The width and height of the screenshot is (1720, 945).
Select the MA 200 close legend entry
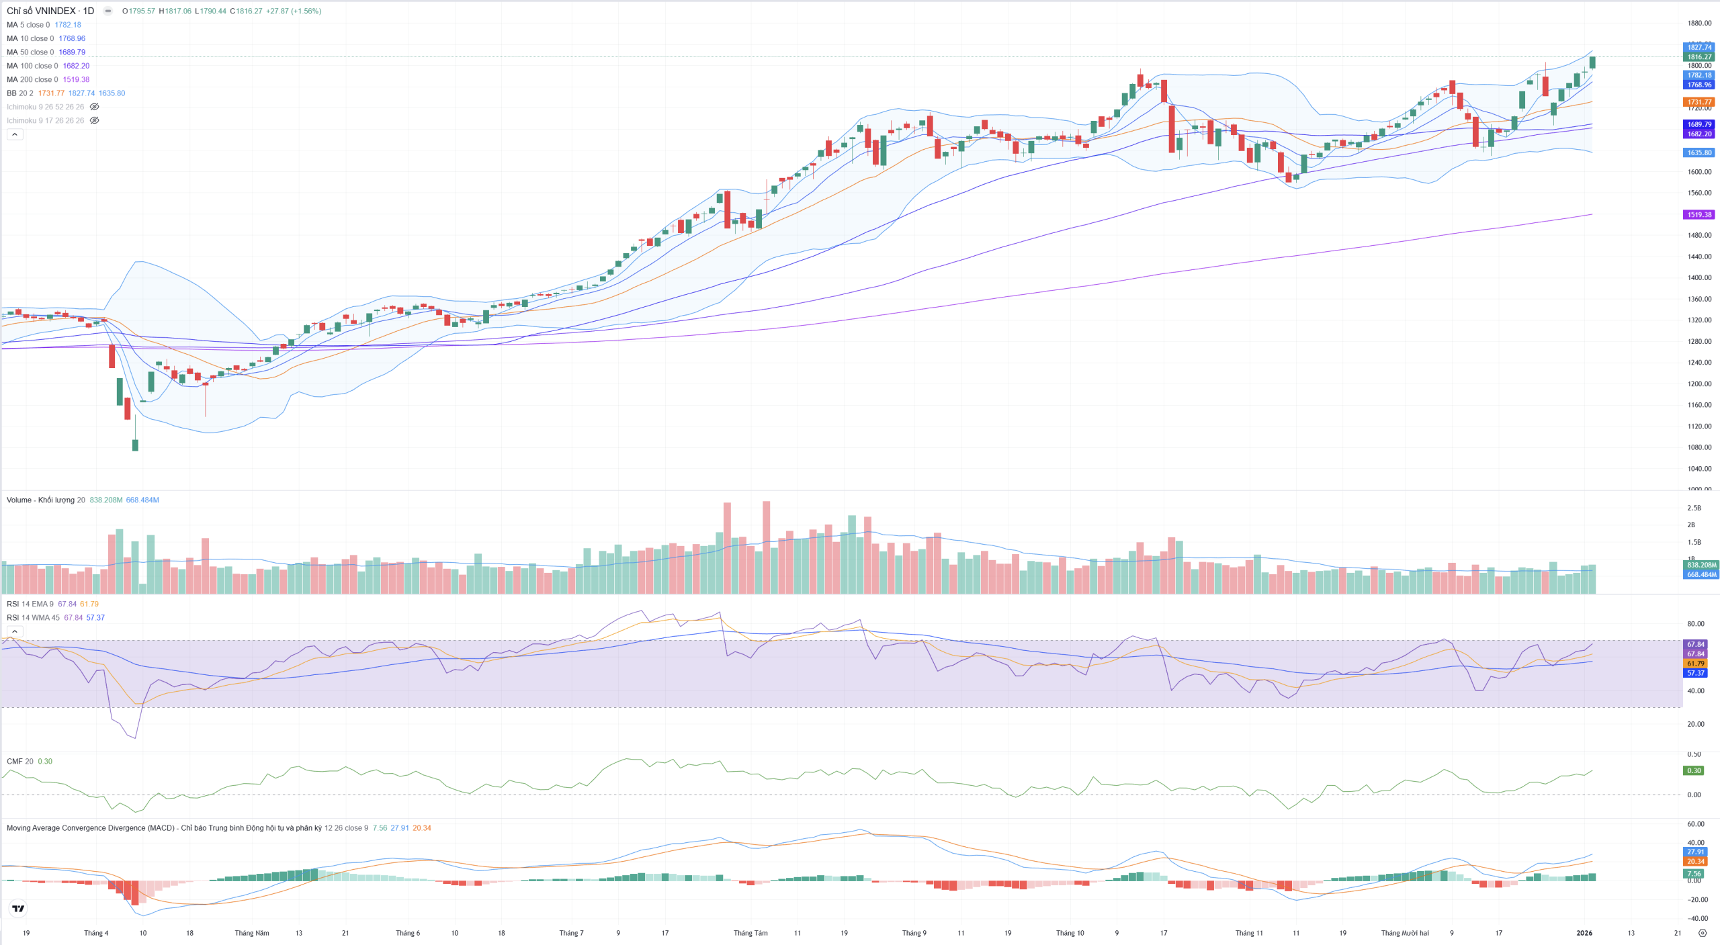pos(32,79)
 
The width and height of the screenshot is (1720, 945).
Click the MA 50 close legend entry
pos(30,52)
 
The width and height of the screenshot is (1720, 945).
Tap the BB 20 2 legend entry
pos(19,93)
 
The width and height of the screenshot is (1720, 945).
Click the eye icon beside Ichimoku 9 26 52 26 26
pos(95,107)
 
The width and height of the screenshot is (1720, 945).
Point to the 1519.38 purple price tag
pos(1699,215)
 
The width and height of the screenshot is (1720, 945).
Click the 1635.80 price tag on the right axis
pos(1699,152)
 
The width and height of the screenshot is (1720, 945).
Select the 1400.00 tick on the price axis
pos(1699,277)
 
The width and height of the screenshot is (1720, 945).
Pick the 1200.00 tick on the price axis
pos(1699,384)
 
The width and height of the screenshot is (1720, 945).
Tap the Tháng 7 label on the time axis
pos(571,933)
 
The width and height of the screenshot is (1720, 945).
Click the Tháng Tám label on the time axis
pos(750,933)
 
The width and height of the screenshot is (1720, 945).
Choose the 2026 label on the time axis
pos(1584,933)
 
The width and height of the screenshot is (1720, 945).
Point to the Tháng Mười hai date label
pos(1404,933)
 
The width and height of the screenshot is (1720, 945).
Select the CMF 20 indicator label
pos(19,761)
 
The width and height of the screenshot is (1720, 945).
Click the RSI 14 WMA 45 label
pos(33,617)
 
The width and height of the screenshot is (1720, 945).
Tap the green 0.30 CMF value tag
pos(1694,770)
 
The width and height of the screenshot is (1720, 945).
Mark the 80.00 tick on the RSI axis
pos(1695,624)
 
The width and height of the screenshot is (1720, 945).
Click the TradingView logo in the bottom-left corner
pos(18,909)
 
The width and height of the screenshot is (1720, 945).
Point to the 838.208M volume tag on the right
pos(1701,565)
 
